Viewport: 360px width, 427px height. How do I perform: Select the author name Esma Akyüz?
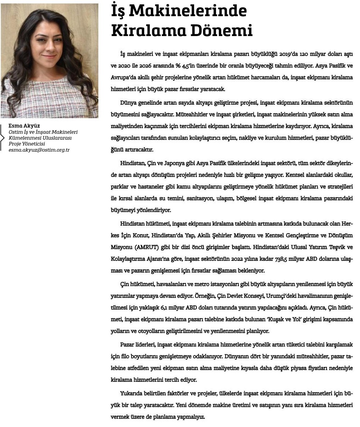pyautogui.click(x=24, y=126)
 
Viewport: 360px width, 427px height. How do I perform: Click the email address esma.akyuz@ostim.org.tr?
pyautogui.click(x=39, y=150)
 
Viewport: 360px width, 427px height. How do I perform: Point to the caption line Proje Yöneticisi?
pyautogui.click(x=27, y=144)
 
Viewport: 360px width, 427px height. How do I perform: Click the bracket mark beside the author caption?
pyautogui.click(x=3, y=137)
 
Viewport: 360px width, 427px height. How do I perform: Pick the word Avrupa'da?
pyautogui.click(x=124, y=77)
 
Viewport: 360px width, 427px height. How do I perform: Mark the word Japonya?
pyautogui.click(x=174, y=163)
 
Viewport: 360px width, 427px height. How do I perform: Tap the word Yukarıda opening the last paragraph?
pyautogui.click(x=132, y=394)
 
